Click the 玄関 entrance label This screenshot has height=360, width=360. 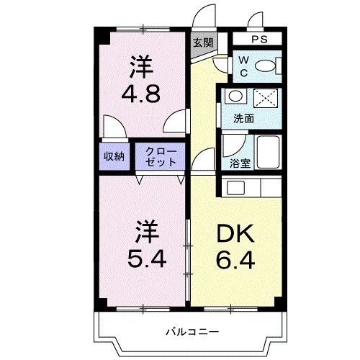202,42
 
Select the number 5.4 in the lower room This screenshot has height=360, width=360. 145,257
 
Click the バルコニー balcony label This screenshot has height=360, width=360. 189,332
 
